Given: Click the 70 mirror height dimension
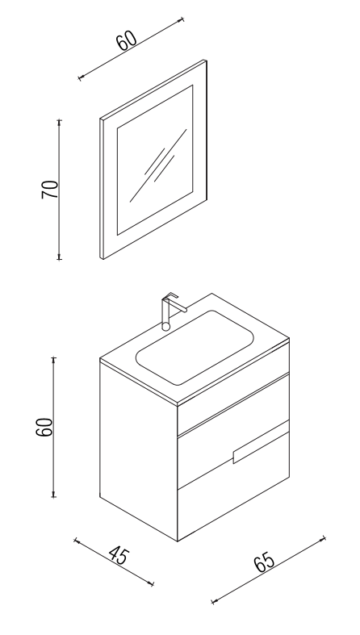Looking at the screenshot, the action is [50, 189].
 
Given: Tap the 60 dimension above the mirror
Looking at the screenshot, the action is [127, 40].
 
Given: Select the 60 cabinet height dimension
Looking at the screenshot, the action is [44, 427].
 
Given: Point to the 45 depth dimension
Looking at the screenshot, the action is [119, 556].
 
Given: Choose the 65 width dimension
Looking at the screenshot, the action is [264, 562].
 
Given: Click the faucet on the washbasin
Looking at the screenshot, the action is [171, 311].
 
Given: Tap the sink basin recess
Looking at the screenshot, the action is [195, 348].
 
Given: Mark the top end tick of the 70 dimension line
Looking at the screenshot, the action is [59, 121].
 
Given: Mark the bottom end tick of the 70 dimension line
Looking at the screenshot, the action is [59, 257].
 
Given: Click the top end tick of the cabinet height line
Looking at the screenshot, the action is [53, 358].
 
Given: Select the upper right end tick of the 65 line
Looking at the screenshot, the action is [323, 538].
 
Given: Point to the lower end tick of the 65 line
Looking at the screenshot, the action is [213, 601].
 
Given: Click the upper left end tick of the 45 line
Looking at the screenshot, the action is [76, 541].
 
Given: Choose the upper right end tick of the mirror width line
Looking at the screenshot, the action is [182, 19].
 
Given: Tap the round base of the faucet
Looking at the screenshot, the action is [166, 326].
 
